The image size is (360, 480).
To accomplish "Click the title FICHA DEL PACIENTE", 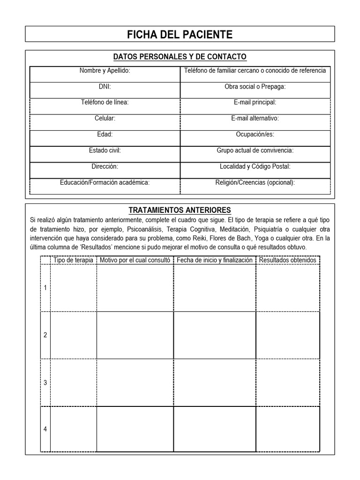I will (180, 34).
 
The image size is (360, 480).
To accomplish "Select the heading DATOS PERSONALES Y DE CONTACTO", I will (180, 57).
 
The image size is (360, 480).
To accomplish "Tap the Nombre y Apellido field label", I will (105, 71).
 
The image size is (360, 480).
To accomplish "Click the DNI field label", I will (105, 87).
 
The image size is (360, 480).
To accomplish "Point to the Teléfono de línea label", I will (105, 102).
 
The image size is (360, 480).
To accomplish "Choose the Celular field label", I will (105, 118).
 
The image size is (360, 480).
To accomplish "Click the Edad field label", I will (105, 134).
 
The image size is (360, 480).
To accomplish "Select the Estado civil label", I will (105, 150).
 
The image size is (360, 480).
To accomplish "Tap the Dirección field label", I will (105, 166).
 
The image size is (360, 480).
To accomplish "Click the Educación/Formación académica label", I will (105, 182).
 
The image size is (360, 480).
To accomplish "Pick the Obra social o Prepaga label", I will (255, 87).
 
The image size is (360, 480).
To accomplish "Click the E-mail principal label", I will (255, 102).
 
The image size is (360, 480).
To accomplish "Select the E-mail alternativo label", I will (255, 118).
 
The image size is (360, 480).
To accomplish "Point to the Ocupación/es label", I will (255, 134).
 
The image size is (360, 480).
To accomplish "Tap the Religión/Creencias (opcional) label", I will (255, 182).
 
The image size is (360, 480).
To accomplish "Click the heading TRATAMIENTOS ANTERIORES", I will (180, 210).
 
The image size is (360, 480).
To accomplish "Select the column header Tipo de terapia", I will (73, 260).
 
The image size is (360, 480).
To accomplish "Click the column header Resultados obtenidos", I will (287, 260).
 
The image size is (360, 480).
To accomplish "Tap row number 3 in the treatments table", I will (45, 382).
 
